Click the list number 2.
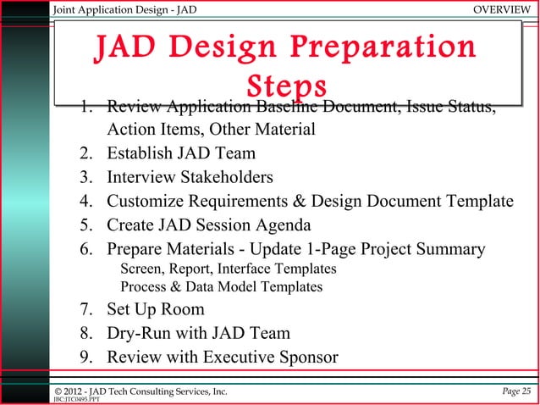click(86, 154)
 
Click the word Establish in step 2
click(140, 154)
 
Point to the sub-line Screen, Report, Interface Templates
click(229, 269)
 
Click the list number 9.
click(86, 358)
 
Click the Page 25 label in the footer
click(515, 390)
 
